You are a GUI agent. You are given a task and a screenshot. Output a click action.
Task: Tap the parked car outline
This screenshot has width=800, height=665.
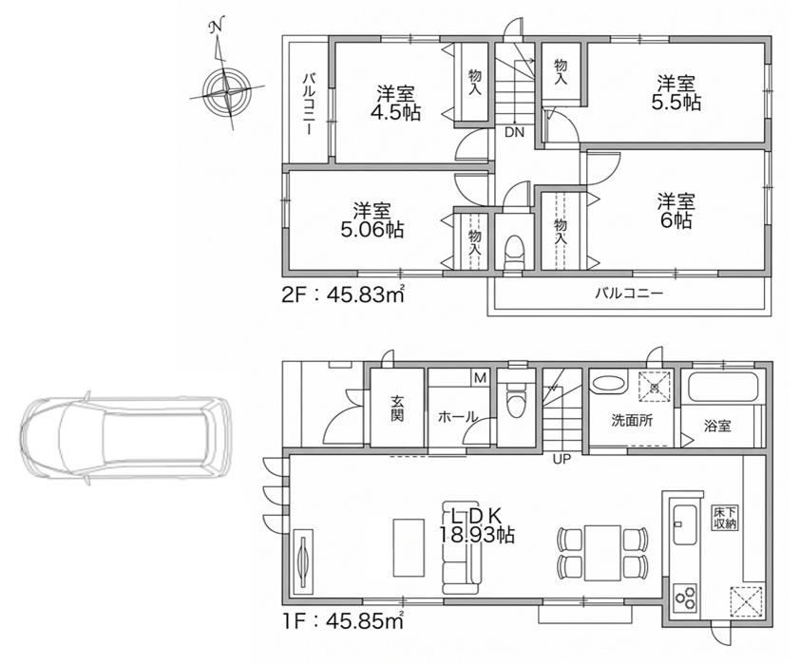126,439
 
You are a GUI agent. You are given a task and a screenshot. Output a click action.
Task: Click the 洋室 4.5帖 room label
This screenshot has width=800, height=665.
396,103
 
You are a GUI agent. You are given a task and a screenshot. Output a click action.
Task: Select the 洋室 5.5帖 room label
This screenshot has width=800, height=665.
676,93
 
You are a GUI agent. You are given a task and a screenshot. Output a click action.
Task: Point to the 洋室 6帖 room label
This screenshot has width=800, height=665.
676,211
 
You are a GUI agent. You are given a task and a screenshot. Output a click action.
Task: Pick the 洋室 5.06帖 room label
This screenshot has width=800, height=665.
371,220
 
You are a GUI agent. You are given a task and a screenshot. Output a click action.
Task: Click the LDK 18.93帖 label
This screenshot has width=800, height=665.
477,525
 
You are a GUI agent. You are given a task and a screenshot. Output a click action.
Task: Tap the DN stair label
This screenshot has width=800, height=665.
514,133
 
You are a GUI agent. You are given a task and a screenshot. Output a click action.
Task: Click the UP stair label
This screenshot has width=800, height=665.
562,459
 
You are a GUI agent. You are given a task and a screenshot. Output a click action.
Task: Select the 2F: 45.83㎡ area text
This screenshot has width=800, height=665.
343,294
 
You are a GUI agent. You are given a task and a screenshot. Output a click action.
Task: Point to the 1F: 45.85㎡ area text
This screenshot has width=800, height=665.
343,620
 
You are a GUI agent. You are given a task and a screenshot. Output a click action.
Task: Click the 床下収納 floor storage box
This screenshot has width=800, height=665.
725,518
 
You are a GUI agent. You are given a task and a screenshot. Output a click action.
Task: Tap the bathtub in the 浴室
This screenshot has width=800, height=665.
721,387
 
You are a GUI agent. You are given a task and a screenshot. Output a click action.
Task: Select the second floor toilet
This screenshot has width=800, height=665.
513,252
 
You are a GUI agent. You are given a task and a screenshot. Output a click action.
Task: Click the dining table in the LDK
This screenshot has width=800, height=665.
603,553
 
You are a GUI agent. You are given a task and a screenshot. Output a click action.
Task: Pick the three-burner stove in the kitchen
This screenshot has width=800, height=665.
685,598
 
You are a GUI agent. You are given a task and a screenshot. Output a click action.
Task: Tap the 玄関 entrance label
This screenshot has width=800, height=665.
397,409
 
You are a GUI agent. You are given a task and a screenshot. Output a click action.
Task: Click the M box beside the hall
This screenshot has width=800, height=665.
480,378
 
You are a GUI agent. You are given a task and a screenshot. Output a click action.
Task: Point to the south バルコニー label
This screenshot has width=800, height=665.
629,294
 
